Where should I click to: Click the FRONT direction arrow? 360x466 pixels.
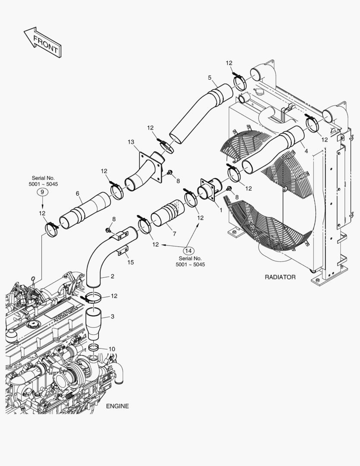[x=42, y=42]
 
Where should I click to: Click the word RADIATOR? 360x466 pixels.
[x=280, y=277]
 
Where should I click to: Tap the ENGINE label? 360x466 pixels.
[x=117, y=406]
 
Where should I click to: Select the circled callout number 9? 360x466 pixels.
[x=42, y=193]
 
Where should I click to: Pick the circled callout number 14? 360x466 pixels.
[x=188, y=250]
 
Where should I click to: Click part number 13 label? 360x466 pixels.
[x=131, y=142]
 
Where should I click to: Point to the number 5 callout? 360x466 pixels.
[x=210, y=78]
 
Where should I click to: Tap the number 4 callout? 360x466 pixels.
[x=306, y=151]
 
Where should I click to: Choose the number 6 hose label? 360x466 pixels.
[x=78, y=194]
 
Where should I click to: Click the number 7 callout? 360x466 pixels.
[x=174, y=233]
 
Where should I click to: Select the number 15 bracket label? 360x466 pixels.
[x=131, y=262]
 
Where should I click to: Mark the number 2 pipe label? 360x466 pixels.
[x=112, y=276]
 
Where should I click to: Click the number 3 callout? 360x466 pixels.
[x=112, y=317]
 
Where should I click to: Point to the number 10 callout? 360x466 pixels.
[x=112, y=349]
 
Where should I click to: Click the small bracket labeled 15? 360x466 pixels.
[x=124, y=250]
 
